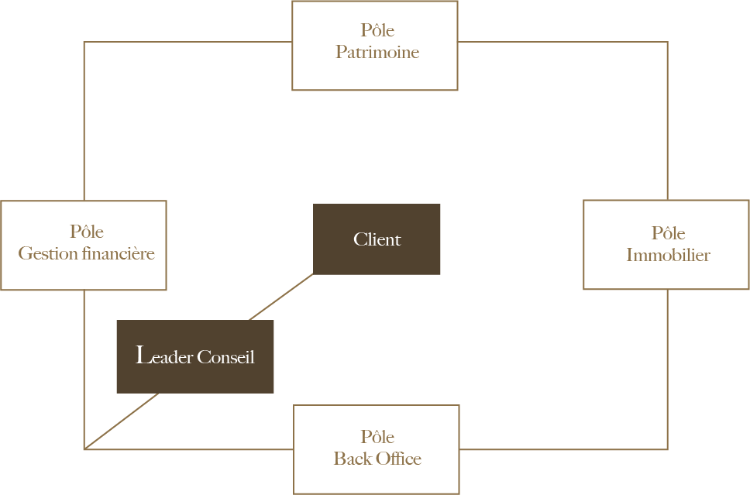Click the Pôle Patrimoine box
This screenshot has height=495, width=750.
click(x=375, y=46)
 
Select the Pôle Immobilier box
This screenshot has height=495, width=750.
click(x=666, y=244)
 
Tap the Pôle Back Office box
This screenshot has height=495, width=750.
click(x=377, y=449)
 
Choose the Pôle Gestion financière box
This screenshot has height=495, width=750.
click(x=84, y=246)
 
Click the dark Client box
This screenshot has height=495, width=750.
click(x=377, y=239)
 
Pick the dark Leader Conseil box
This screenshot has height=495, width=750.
click(x=195, y=357)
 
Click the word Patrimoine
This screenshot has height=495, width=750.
click(x=377, y=52)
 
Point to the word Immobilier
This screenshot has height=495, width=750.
click(x=668, y=254)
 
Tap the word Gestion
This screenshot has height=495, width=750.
click(x=48, y=253)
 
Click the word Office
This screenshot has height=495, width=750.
click(x=398, y=458)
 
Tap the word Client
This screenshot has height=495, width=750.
click(x=377, y=239)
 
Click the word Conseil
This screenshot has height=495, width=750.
click(x=225, y=357)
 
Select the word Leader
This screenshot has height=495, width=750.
click(x=164, y=356)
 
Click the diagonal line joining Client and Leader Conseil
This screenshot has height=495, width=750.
click(x=281, y=297)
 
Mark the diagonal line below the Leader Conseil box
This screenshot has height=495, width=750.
click(x=122, y=421)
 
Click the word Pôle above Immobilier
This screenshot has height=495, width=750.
click(x=668, y=233)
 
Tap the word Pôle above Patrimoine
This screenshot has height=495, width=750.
click(x=377, y=29)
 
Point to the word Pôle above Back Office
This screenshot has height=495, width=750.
click(x=377, y=436)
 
